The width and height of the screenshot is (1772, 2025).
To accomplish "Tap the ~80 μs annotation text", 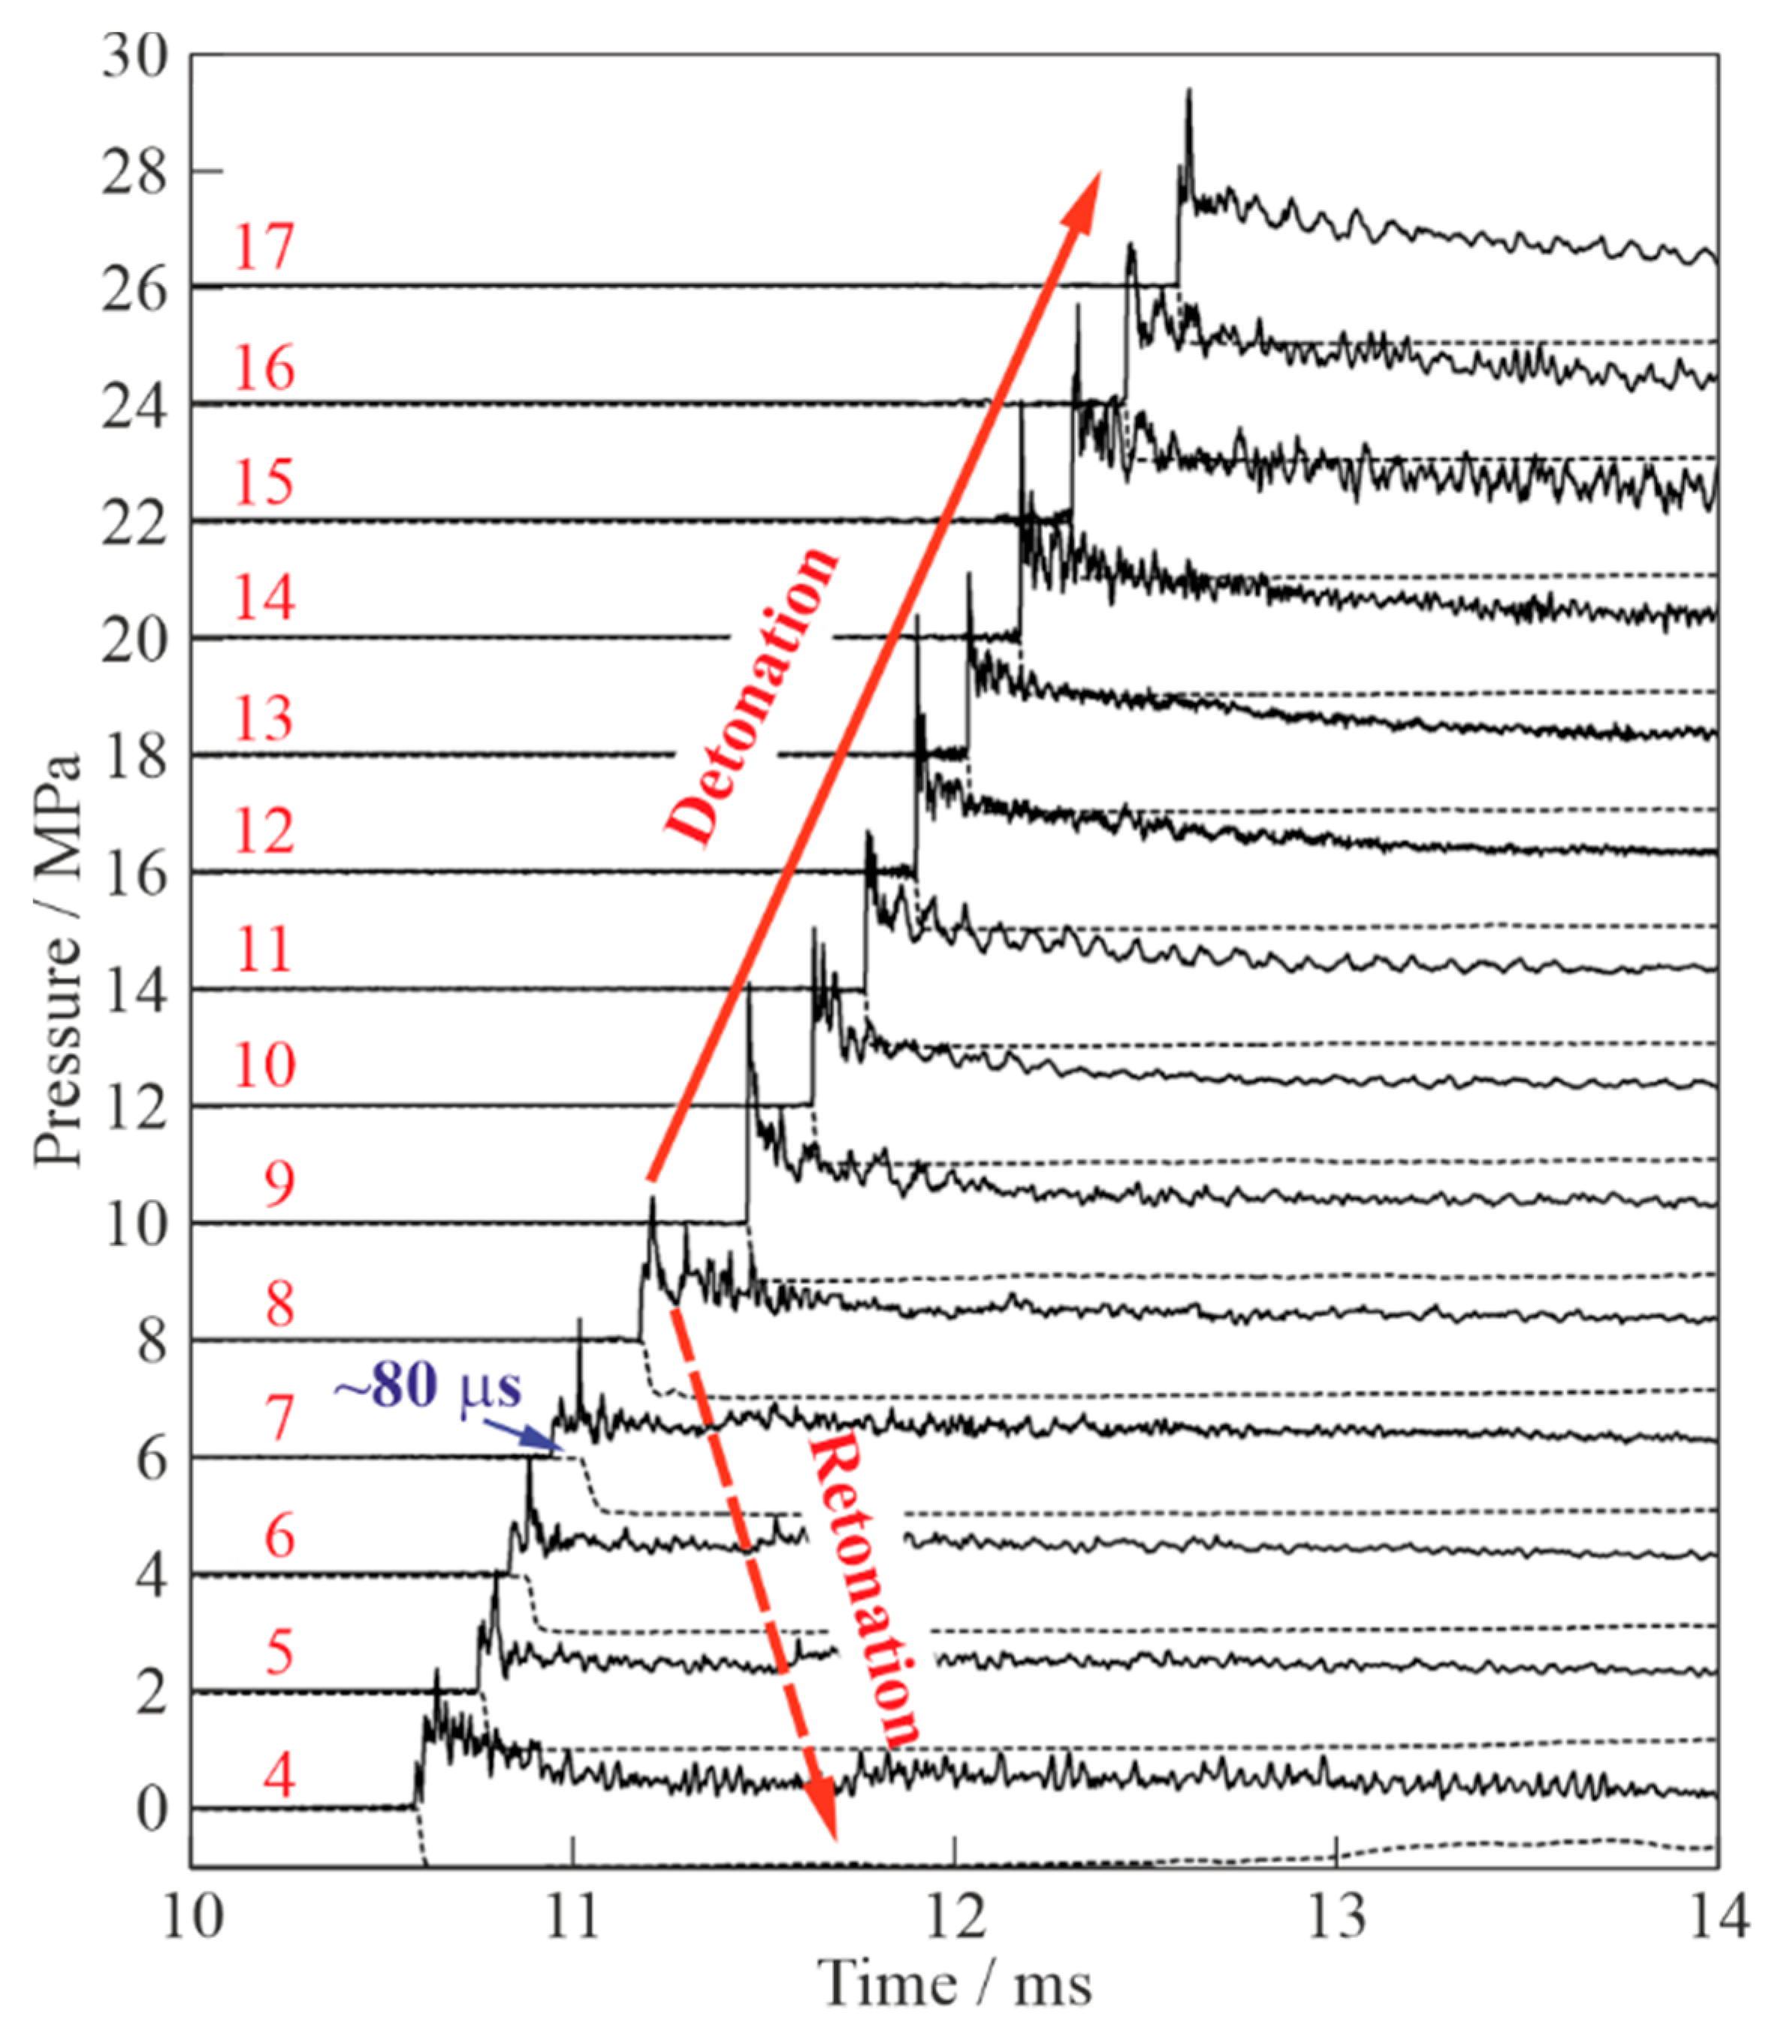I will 427,1387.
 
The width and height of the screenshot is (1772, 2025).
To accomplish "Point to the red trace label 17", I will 263,247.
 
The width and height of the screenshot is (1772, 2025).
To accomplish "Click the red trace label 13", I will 263,718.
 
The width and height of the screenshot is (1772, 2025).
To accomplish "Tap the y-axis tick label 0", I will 151,1809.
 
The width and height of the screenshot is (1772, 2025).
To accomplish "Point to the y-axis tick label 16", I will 135,875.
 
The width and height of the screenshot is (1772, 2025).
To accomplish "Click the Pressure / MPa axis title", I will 56,960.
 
